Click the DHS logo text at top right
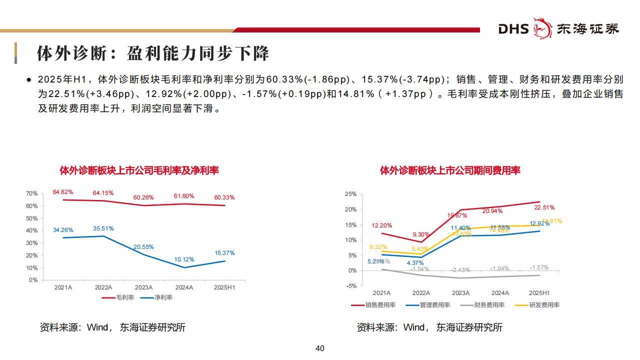pyautogui.click(x=513, y=29)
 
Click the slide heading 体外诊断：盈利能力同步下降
pyautogui.click(x=153, y=53)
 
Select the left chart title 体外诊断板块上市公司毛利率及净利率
pyautogui.click(x=139, y=170)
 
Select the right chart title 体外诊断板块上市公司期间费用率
pyautogui.click(x=450, y=170)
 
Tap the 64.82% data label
pyautogui.click(x=63, y=192)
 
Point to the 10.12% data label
pyautogui.click(x=184, y=259)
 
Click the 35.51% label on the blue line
pyautogui.click(x=103, y=228)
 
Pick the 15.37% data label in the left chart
pyautogui.click(x=224, y=253)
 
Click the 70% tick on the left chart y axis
pyautogui.click(x=32, y=193)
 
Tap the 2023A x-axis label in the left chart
pyautogui.click(x=144, y=287)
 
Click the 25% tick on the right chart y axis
pyautogui.click(x=350, y=194)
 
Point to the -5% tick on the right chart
pyautogui.click(x=351, y=286)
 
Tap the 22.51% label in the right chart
pyautogui.click(x=544, y=207)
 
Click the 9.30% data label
pyautogui.click(x=421, y=234)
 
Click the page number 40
pyautogui.click(x=320, y=348)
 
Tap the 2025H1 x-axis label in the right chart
pyautogui.click(x=539, y=293)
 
